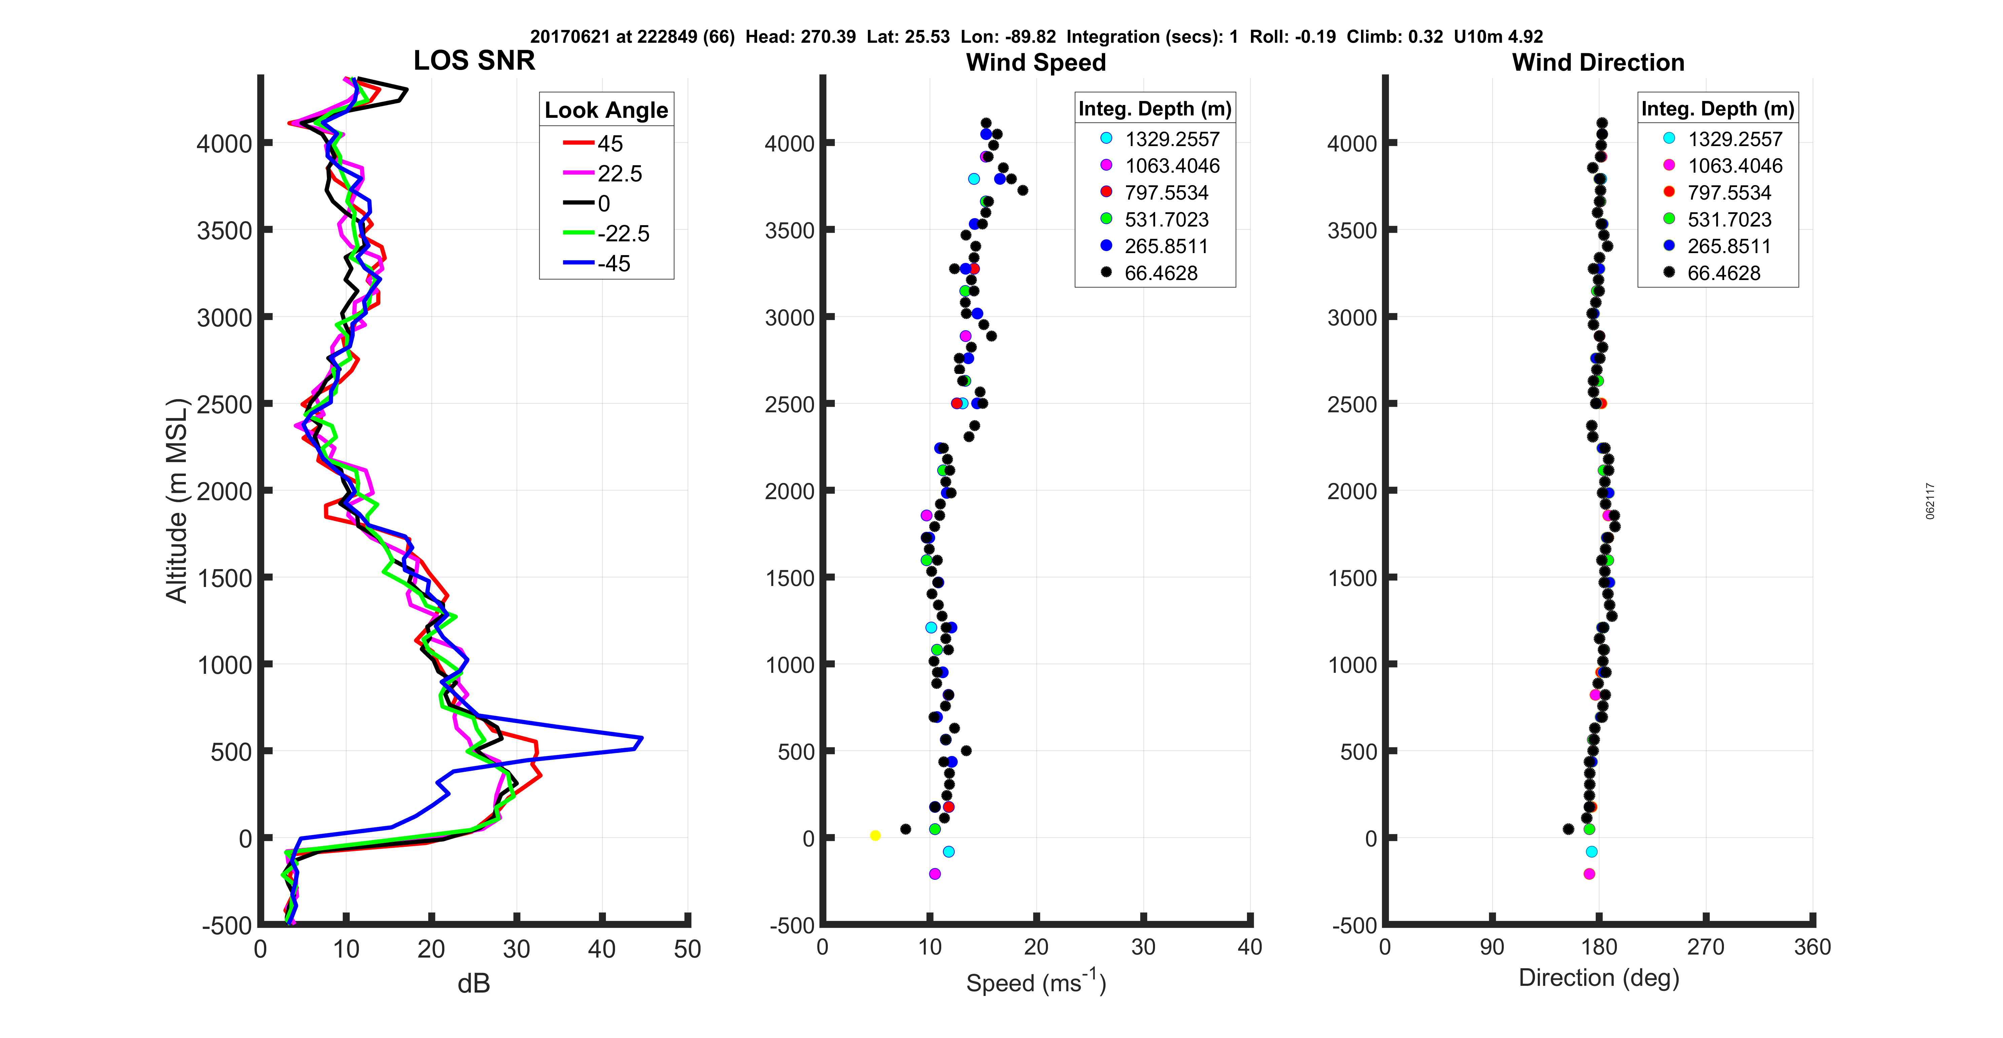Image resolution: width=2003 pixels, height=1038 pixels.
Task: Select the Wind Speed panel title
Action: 1036,62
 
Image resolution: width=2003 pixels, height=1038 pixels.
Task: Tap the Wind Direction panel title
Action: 1598,62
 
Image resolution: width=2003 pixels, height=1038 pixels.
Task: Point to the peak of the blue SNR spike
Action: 642,738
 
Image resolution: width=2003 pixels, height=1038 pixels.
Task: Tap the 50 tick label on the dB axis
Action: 687,949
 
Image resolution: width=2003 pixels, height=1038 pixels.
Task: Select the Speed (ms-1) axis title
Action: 1036,982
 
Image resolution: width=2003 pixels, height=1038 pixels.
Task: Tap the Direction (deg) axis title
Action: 1599,978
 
